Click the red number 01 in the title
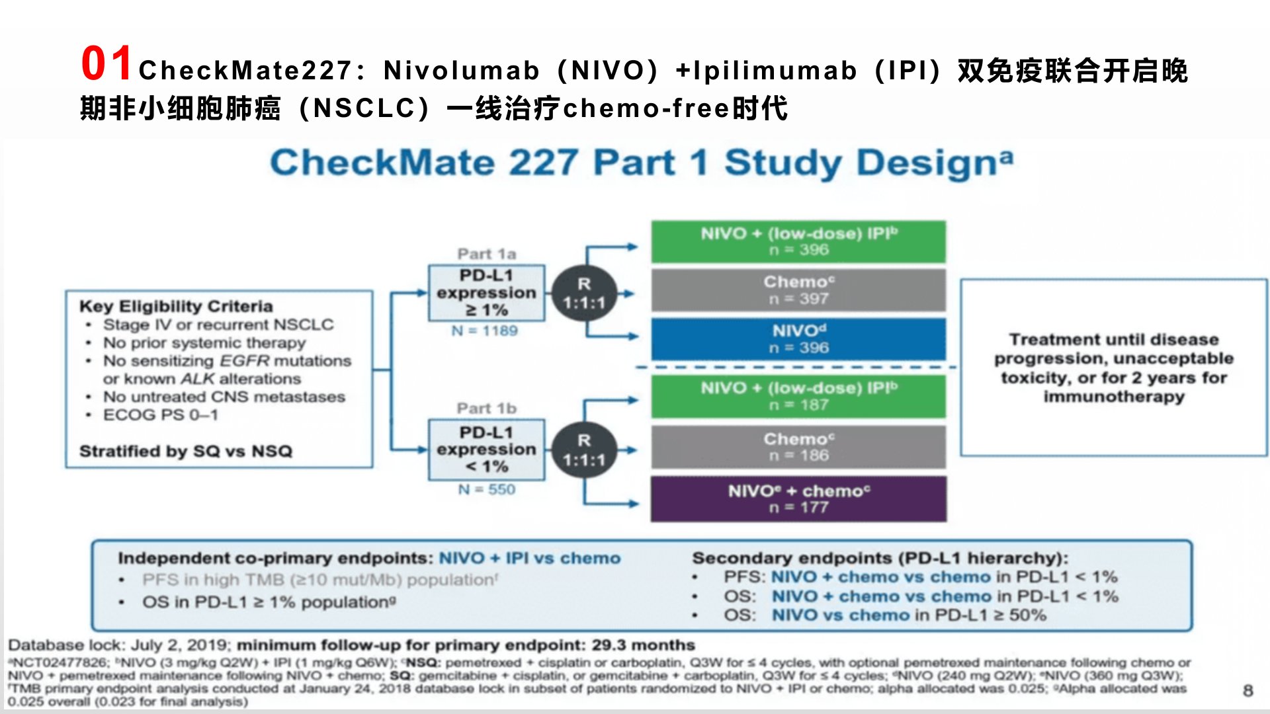click(106, 64)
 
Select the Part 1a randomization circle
click(583, 294)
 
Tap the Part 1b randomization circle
click(583, 450)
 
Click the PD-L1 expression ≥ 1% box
click(486, 293)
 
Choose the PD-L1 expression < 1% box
click(486, 450)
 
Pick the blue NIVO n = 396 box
click(798, 338)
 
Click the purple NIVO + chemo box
click(798, 499)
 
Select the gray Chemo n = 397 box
click(798, 290)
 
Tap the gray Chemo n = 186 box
click(798, 447)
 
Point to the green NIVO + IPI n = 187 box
click(798, 396)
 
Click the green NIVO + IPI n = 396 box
click(798, 241)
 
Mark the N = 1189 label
click(485, 331)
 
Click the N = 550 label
click(487, 489)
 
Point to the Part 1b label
click(486, 409)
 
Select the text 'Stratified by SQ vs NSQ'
click(186, 451)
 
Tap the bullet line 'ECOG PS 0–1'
click(160, 415)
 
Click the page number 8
click(1248, 690)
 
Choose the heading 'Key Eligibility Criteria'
click(176, 306)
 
